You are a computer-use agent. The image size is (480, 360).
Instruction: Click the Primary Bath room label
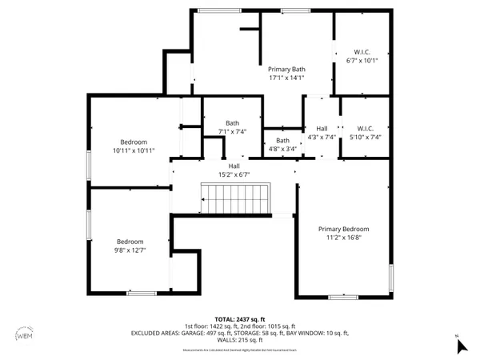click(286, 70)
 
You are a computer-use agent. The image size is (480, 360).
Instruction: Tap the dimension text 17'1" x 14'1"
click(286, 78)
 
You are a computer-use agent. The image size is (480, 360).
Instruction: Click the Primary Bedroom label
click(344, 229)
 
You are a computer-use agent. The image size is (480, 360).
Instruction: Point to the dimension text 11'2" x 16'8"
click(344, 238)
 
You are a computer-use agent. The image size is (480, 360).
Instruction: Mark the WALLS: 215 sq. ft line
click(240, 341)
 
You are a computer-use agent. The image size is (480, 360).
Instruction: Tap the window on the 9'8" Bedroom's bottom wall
click(142, 293)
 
